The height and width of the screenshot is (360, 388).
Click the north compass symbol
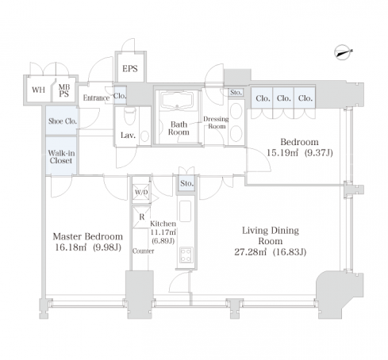click(x=343, y=52)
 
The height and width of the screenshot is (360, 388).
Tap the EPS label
click(x=130, y=69)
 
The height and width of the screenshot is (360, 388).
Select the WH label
click(x=38, y=90)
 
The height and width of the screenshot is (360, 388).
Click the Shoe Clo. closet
click(x=62, y=121)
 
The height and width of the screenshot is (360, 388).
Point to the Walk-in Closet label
click(x=61, y=157)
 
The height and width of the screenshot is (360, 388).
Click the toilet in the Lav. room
click(x=129, y=115)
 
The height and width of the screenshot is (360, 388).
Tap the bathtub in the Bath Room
click(x=177, y=101)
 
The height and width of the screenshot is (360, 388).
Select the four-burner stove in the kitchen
click(x=186, y=255)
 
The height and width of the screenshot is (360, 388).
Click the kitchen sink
click(x=186, y=211)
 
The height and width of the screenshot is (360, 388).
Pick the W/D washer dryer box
click(x=141, y=192)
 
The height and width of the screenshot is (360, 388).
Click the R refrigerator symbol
click(x=141, y=217)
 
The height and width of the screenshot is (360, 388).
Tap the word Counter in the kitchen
click(x=144, y=251)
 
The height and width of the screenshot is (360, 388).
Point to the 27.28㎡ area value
click(x=250, y=252)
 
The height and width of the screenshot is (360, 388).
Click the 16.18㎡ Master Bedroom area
click(x=71, y=247)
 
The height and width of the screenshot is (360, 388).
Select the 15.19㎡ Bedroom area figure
click(x=282, y=152)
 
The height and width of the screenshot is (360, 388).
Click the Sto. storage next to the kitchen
click(x=187, y=183)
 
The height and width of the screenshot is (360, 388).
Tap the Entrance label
click(x=96, y=98)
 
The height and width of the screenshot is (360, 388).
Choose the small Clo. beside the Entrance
click(x=120, y=96)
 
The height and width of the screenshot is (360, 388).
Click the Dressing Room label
click(x=216, y=123)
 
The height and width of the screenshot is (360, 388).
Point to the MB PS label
click(x=63, y=90)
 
